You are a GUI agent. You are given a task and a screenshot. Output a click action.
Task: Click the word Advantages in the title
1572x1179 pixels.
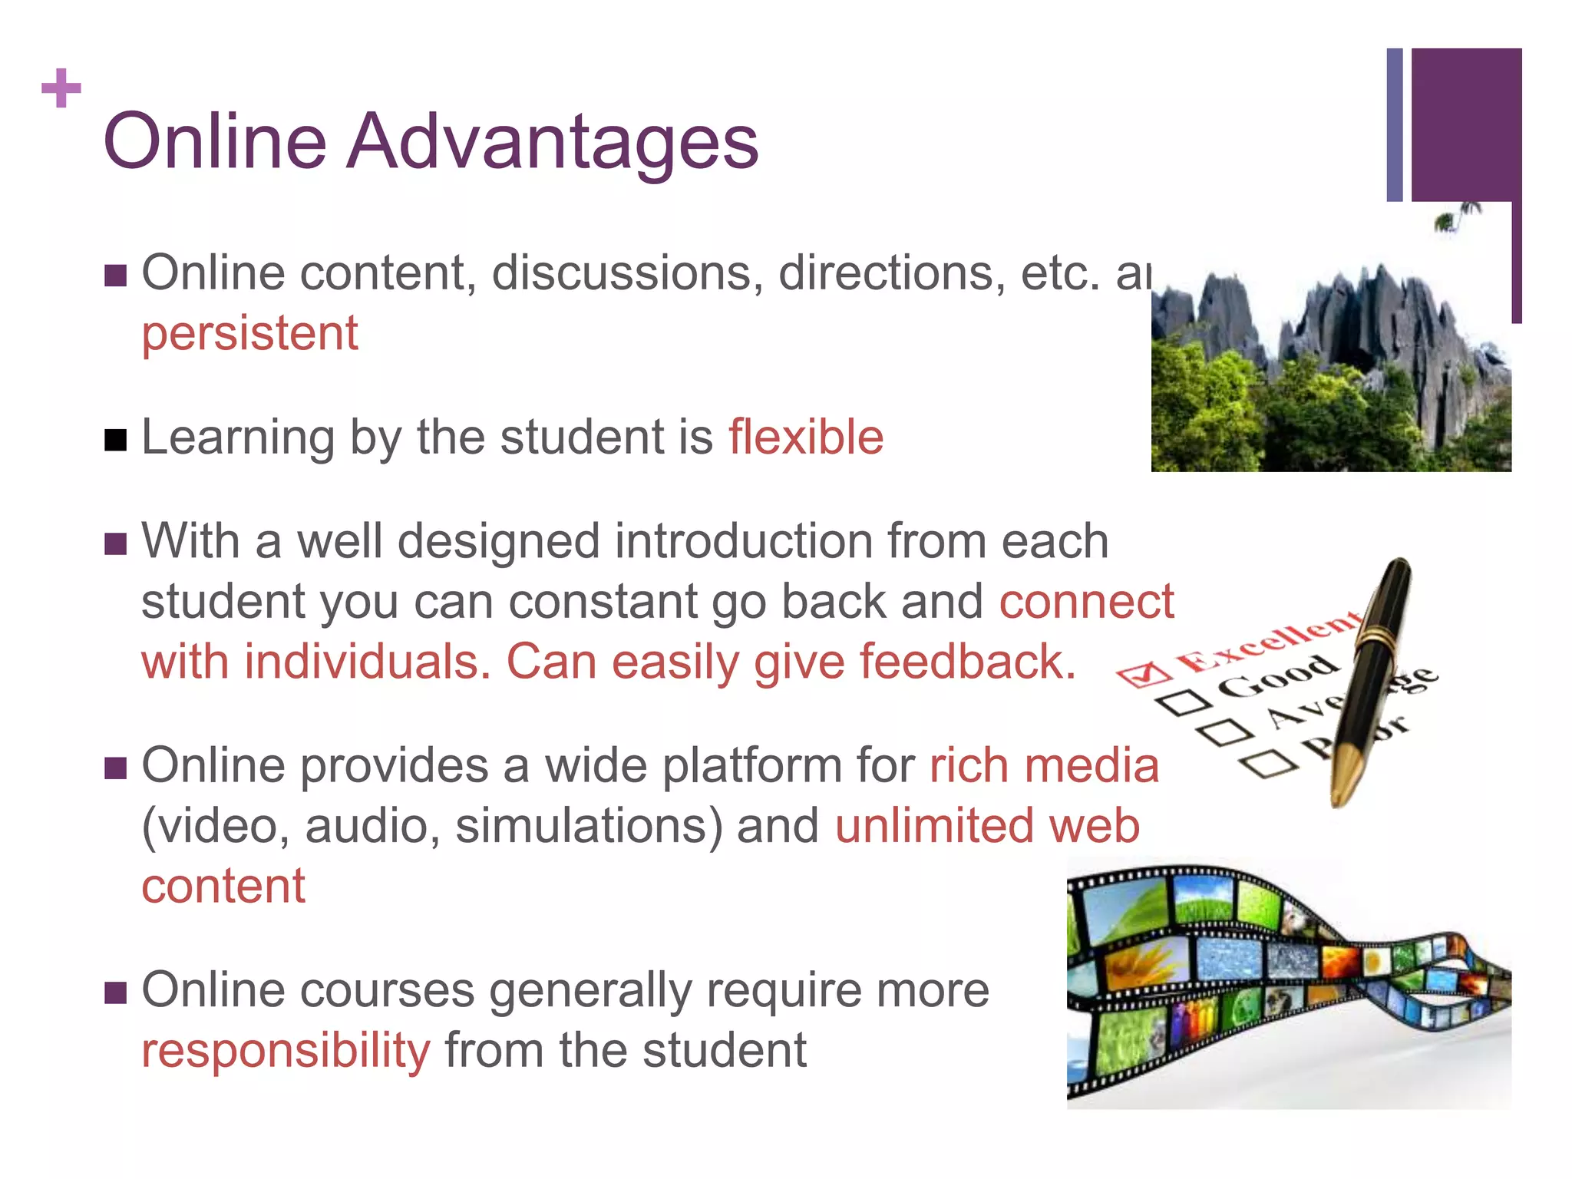[x=553, y=143]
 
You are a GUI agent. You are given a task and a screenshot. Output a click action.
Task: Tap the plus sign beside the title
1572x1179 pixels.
[x=61, y=88]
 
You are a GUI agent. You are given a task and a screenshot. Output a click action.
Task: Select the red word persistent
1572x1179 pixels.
[x=249, y=334]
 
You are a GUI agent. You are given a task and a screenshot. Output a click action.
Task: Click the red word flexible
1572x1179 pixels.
[x=806, y=438]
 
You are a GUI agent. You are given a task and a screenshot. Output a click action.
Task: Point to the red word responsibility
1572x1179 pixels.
[x=286, y=1052]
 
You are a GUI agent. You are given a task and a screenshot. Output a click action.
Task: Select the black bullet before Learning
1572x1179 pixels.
[x=115, y=441]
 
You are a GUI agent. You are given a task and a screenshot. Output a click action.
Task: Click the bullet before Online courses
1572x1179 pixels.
[x=115, y=993]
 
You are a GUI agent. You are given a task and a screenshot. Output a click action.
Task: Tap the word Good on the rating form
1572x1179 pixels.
[x=1278, y=675]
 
